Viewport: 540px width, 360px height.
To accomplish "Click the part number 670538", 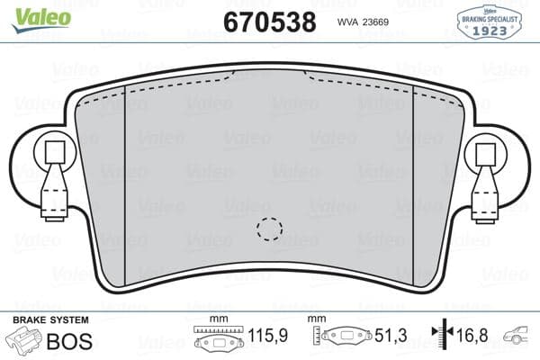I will pos(269,21).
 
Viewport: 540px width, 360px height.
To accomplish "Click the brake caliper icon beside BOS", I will pos(23,340).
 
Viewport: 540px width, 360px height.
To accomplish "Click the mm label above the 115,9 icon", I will pos(216,320).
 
